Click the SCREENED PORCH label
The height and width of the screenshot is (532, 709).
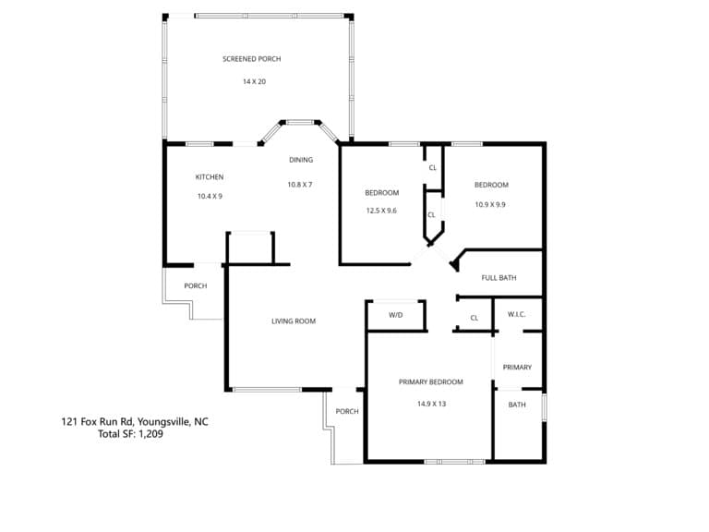click(x=252, y=59)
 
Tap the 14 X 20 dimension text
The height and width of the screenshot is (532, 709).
click(x=254, y=81)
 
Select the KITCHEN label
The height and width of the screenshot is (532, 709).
click(x=210, y=177)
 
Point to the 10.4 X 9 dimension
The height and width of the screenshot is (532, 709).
click(x=210, y=197)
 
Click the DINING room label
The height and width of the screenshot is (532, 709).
click(x=301, y=160)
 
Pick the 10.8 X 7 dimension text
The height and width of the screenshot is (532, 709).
click(x=300, y=185)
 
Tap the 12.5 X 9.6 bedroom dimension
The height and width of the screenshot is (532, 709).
click(x=381, y=211)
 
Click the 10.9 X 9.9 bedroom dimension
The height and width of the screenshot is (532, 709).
click(x=490, y=204)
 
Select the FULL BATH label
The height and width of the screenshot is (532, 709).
click(x=499, y=278)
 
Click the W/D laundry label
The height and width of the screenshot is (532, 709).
click(x=396, y=315)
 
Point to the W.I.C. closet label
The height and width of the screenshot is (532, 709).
click(x=516, y=314)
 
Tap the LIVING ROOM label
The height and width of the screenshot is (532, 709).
click(x=294, y=321)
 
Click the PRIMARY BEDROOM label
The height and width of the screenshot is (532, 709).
click(x=431, y=381)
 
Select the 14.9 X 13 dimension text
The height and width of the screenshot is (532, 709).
click(x=432, y=404)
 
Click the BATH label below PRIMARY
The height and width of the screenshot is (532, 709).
click(x=517, y=405)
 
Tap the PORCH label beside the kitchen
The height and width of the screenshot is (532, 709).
click(x=196, y=286)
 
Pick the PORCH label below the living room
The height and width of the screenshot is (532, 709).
click(x=347, y=411)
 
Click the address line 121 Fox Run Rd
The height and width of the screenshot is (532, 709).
click(x=135, y=421)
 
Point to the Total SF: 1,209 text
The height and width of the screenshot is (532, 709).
click(x=131, y=434)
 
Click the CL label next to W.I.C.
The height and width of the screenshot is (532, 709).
click(x=474, y=318)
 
